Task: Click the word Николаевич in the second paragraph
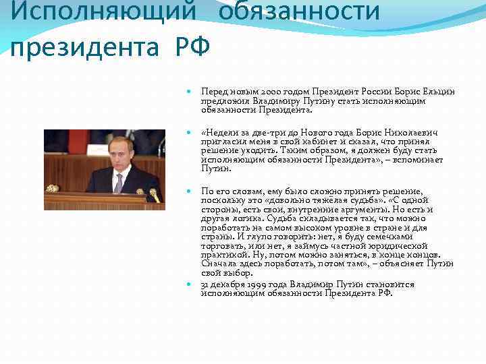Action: (x=409, y=133)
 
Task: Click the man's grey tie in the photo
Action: (x=119, y=181)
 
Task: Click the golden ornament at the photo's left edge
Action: (x=51, y=188)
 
